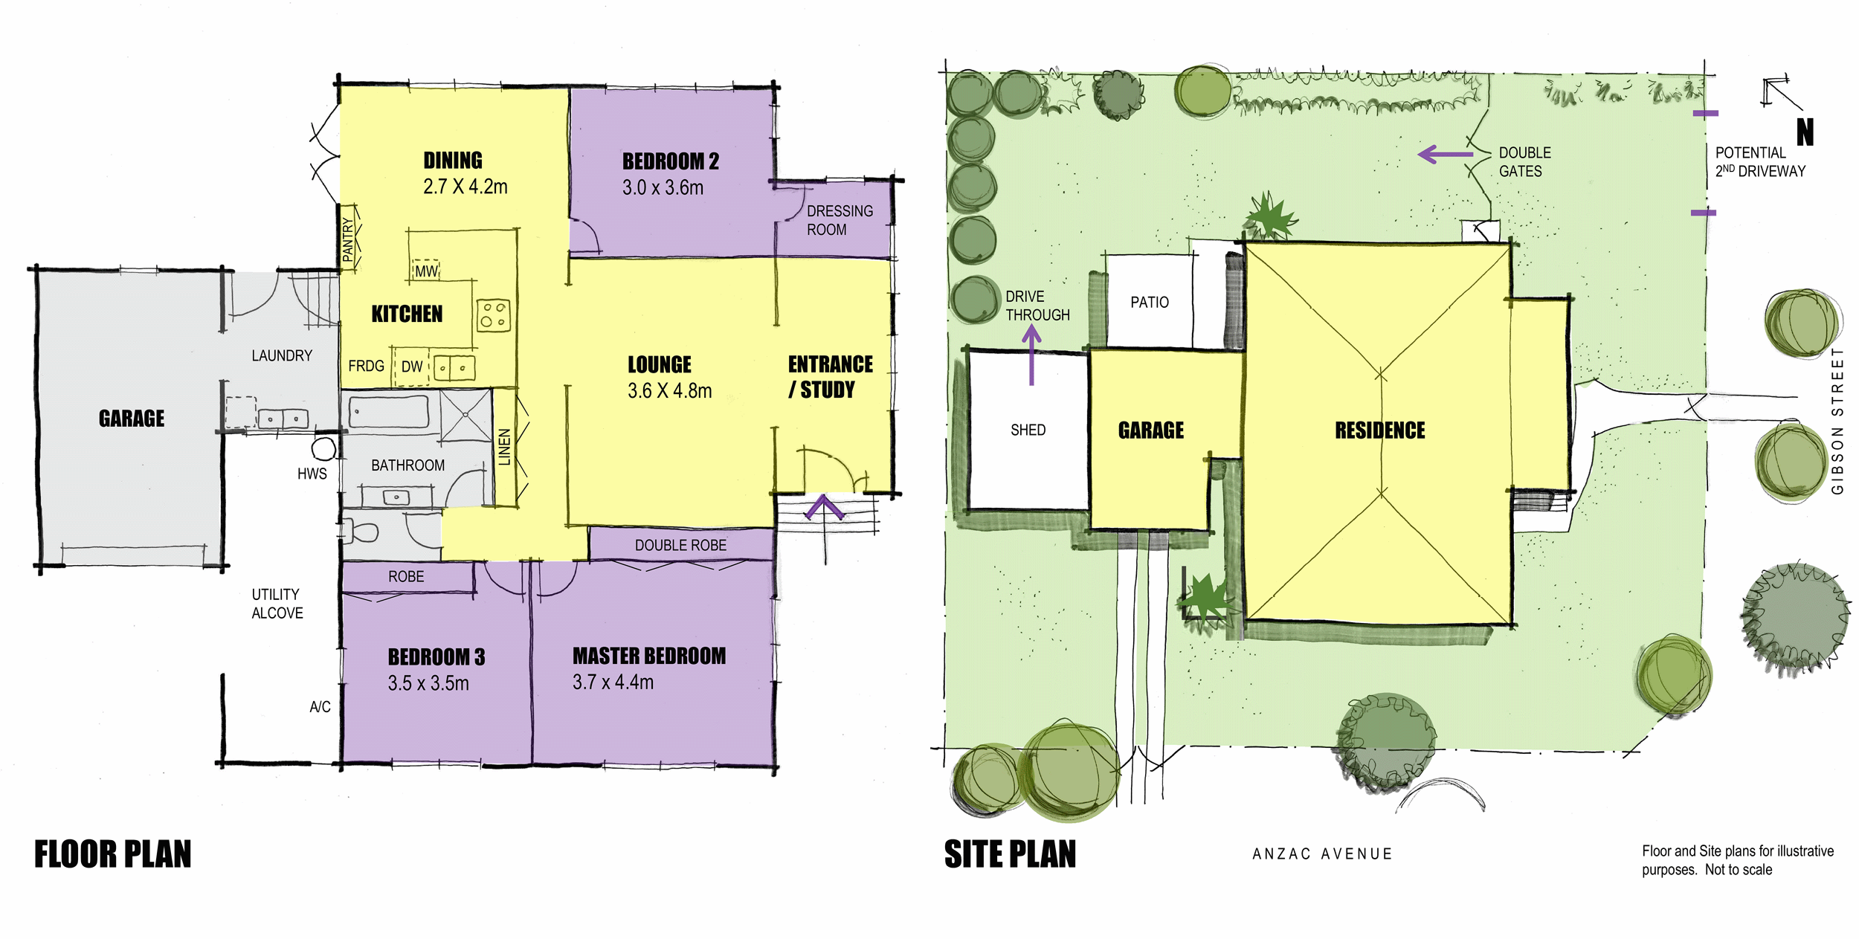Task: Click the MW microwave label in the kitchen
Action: [426, 271]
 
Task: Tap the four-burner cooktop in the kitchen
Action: [493, 315]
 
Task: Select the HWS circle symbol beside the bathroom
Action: [323, 449]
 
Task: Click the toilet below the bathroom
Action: [360, 532]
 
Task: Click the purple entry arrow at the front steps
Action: [824, 507]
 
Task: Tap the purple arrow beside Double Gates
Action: [1445, 155]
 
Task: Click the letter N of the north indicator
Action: [1805, 132]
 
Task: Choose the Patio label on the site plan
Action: [1150, 303]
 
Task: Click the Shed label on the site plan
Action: [1028, 430]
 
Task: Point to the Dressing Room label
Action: [840, 221]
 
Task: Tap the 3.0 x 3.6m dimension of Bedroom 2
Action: [663, 188]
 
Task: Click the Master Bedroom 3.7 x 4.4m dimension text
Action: [613, 683]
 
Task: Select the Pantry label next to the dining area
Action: [348, 239]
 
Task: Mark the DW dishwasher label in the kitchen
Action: [411, 367]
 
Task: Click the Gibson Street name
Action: [1837, 421]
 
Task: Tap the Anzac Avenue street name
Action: [1322, 854]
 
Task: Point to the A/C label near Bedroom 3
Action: [320, 707]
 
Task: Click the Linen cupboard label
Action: [505, 447]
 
